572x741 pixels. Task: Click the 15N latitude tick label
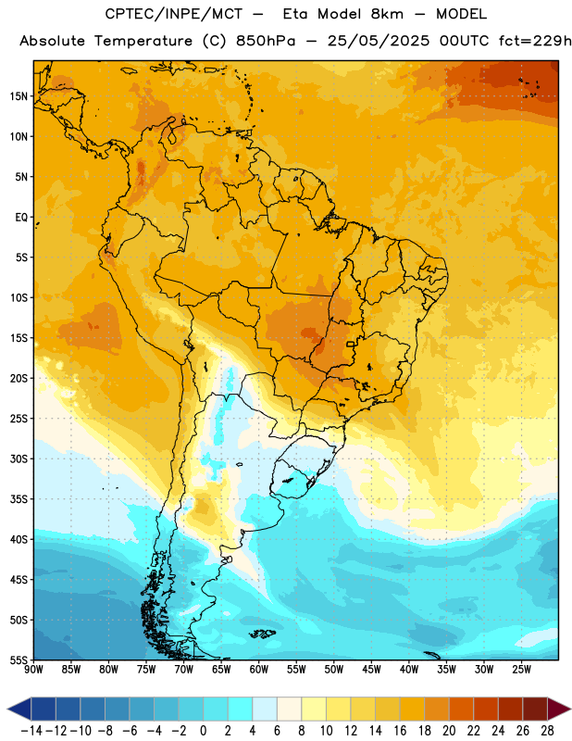(19, 96)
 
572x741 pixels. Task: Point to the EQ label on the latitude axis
(21, 218)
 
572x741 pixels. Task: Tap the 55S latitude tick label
(19, 659)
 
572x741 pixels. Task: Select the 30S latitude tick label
(19, 458)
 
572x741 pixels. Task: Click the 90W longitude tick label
(34, 669)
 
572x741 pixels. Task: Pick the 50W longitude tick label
(334, 669)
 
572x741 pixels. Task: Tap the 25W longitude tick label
(521, 669)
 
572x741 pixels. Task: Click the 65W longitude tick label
(221, 669)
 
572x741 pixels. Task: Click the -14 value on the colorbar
(31, 731)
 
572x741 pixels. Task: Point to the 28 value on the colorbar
(547, 731)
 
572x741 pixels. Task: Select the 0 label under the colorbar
(203, 731)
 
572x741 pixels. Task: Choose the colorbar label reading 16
(400, 731)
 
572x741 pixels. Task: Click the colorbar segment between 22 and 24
(486, 709)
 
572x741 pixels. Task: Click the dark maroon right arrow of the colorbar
(559, 709)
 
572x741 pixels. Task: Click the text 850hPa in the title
(266, 41)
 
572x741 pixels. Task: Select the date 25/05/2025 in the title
(379, 41)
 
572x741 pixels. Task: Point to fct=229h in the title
(535, 41)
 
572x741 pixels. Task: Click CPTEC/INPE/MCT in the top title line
(174, 14)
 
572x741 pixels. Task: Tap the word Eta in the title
(295, 14)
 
